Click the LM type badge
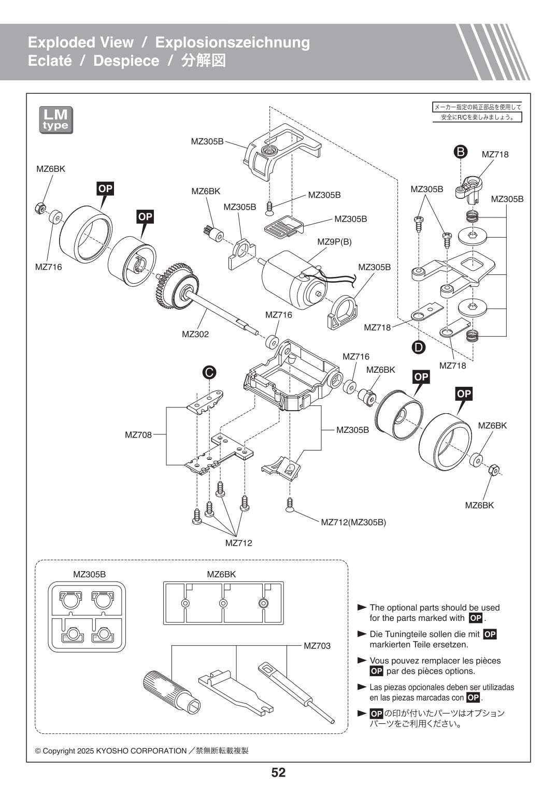click(56, 120)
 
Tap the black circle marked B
click(460, 152)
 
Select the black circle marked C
click(209, 372)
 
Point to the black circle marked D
click(419, 347)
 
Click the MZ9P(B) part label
click(334, 242)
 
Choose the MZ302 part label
click(195, 334)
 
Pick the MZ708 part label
click(138, 435)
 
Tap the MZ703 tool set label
click(317, 646)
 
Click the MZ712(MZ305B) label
click(353, 522)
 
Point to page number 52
click(278, 773)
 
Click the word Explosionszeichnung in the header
click(233, 42)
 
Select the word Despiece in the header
click(126, 61)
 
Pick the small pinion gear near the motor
click(211, 231)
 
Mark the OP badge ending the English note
click(475, 618)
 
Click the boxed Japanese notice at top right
click(477, 112)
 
